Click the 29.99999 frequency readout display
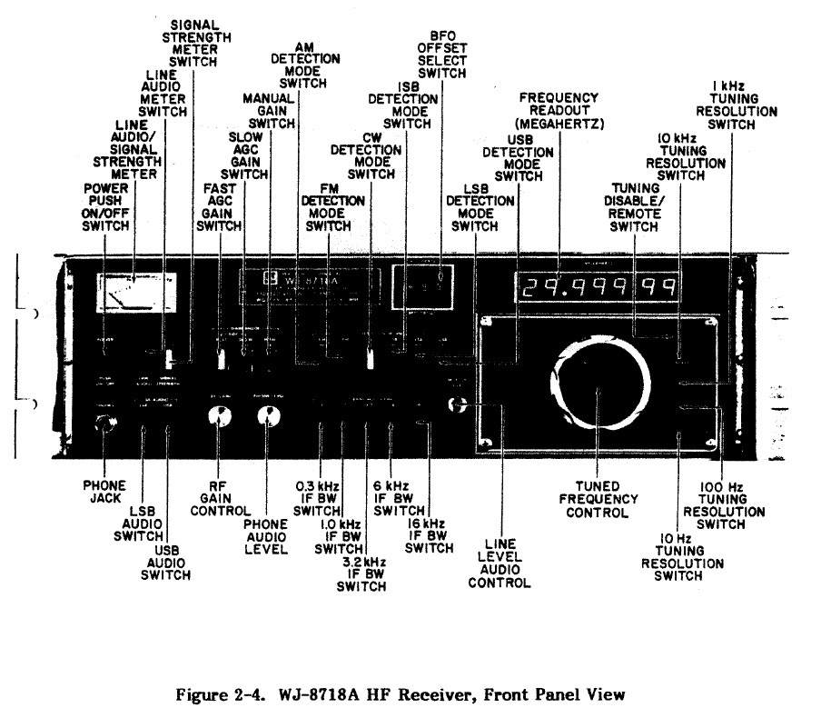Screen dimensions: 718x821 [x=597, y=289]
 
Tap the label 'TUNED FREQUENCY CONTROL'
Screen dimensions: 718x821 [x=600, y=499]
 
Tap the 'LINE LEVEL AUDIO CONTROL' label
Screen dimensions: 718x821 [x=499, y=563]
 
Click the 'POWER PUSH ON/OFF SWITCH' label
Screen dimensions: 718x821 [x=106, y=206]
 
